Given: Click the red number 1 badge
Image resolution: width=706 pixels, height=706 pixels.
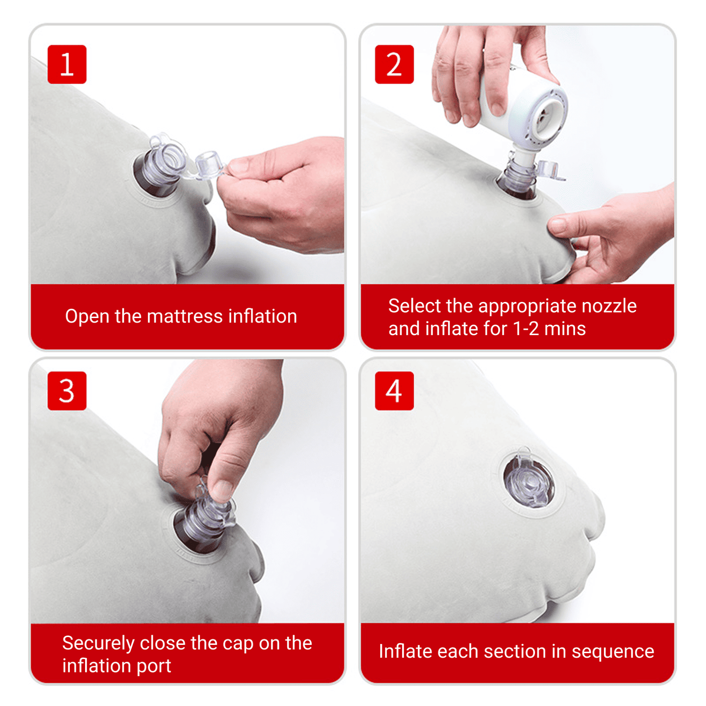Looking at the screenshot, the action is pyautogui.click(x=67, y=64).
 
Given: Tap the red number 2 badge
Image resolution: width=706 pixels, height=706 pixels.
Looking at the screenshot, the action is pyautogui.click(x=394, y=64).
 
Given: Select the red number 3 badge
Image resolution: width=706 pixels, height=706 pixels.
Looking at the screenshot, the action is pyautogui.click(x=67, y=391).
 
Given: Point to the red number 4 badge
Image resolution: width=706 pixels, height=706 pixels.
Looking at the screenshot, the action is pyautogui.click(x=394, y=391).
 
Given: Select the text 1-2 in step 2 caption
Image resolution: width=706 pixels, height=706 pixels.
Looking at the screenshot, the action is pyautogui.click(x=526, y=329).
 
